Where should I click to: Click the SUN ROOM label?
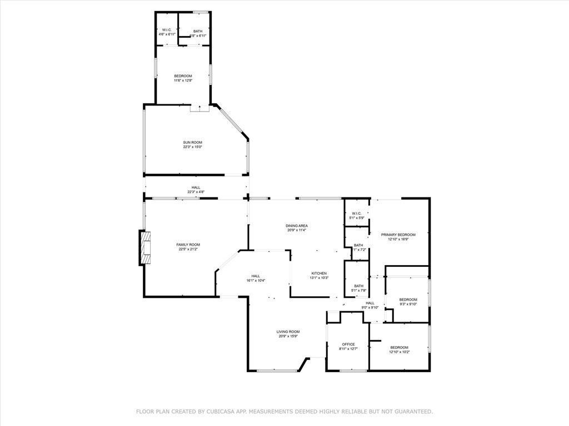[192, 142]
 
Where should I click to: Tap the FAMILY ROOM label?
[188, 245]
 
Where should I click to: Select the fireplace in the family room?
[145, 248]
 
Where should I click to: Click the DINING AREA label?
[297, 226]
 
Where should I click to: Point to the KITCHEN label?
[319, 273]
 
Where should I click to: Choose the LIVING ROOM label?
[288, 332]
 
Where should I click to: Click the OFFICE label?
[348, 344]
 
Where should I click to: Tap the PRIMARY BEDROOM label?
[398, 235]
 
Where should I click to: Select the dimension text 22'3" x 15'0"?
[192, 147]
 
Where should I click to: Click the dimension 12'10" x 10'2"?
[399, 352]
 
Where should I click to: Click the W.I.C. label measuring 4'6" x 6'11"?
[167, 30]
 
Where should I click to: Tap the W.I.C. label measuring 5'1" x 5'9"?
[356, 213]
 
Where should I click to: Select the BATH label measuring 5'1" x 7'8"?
[358, 286]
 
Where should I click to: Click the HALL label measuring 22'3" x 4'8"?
[196, 187]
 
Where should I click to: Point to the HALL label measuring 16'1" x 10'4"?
[256, 276]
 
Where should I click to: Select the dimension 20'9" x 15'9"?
[288, 337]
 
